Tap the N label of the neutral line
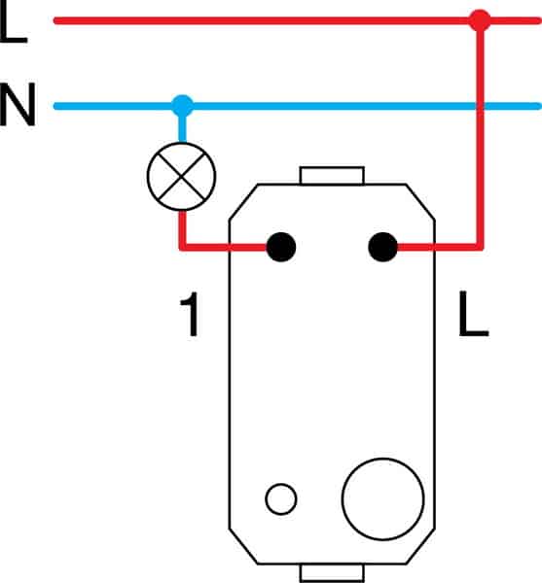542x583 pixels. click(x=18, y=105)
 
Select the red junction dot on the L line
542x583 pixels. click(x=480, y=20)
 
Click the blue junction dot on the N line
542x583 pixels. click(x=182, y=106)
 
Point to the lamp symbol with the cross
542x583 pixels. click(x=182, y=176)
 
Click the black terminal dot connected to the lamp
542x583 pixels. click(x=281, y=247)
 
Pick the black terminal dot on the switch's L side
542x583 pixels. click(x=382, y=247)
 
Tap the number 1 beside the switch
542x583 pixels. click(x=190, y=314)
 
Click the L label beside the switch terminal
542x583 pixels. click(x=473, y=314)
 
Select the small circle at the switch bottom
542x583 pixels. click(x=281, y=499)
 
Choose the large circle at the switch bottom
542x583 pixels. click(x=382, y=499)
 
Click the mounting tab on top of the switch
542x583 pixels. click(x=332, y=176)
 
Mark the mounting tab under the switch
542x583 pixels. click(x=332, y=573)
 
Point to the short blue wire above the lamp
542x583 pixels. click(x=182, y=129)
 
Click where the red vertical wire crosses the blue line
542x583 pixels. click(x=480, y=106)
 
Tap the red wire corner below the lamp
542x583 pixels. click(x=182, y=247)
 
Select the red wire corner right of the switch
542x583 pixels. click(x=480, y=247)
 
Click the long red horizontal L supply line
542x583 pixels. click(x=298, y=20)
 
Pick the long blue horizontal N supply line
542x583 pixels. click(x=298, y=106)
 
